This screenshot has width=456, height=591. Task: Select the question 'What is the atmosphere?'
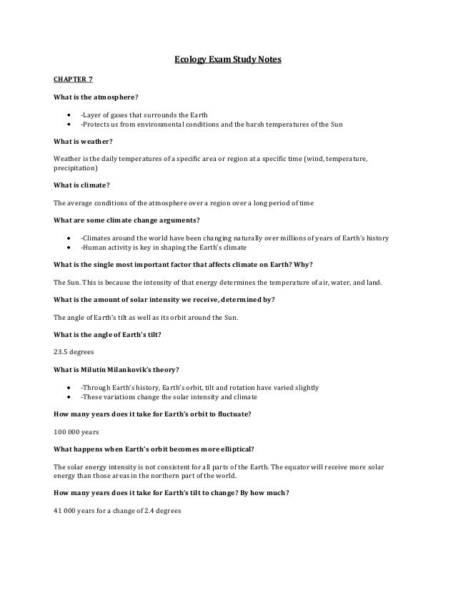(x=94, y=97)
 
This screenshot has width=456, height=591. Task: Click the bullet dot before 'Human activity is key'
(x=69, y=247)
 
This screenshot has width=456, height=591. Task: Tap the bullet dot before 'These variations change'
(x=69, y=397)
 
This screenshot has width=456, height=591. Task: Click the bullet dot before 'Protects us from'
(x=69, y=124)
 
